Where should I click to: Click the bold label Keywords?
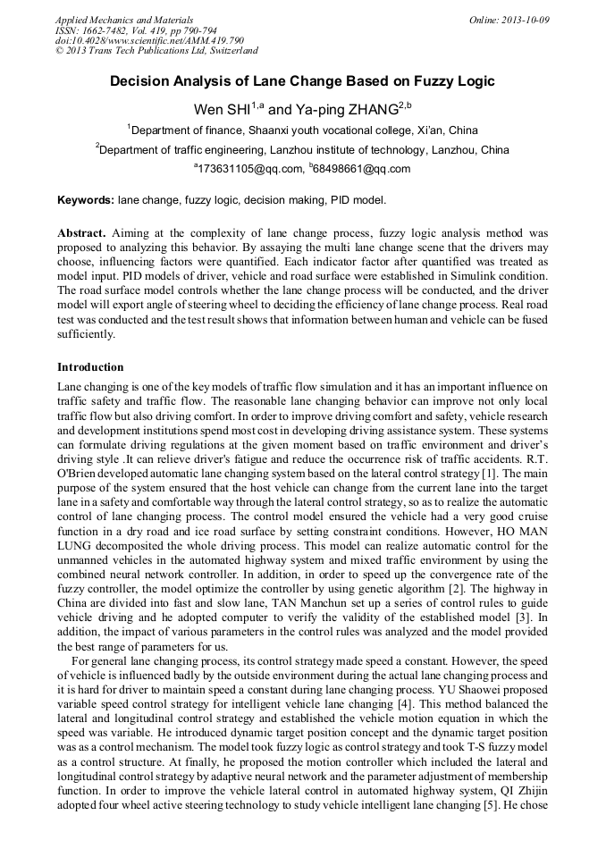[x=86, y=201]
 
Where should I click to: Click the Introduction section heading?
[x=90, y=367]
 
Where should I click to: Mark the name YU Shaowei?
[x=479, y=689]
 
